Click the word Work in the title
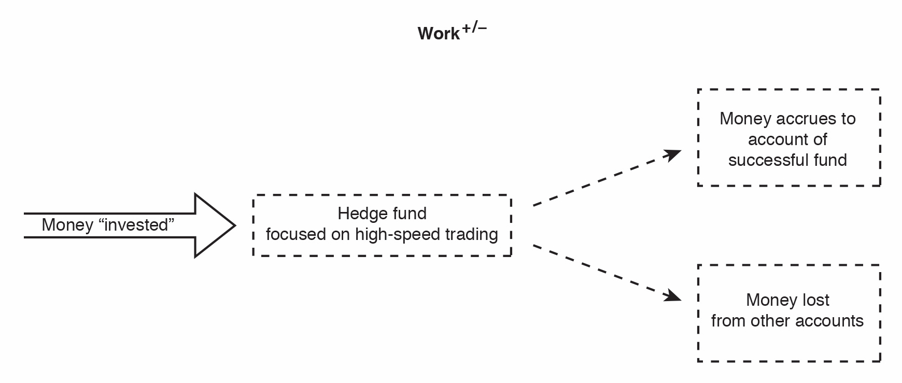pyautogui.click(x=439, y=34)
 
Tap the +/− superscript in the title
pyautogui.click(x=474, y=28)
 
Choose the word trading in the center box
pyautogui.click(x=471, y=234)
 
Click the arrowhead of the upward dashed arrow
pyautogui.click(x=673, y=154)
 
